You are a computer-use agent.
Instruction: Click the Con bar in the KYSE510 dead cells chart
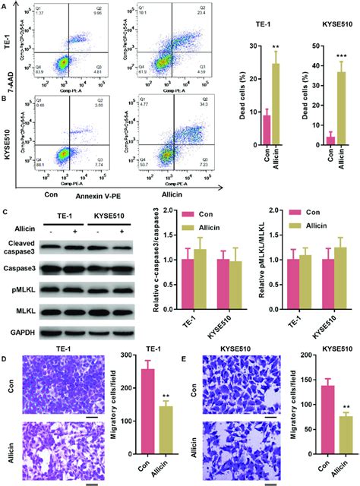(330, 140)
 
